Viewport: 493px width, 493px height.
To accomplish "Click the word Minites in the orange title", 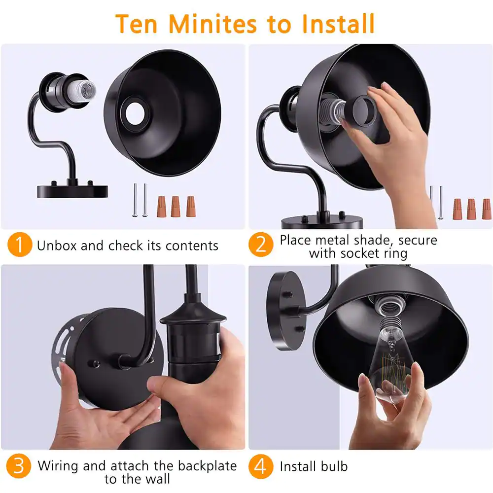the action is coord(213,24).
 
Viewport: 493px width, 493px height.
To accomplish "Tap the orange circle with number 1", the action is coord(20,245).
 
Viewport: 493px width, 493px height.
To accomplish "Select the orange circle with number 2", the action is coord(261,245).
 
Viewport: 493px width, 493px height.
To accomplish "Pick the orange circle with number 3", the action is coord(19,466).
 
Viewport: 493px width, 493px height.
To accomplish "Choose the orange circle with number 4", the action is coord(261,466).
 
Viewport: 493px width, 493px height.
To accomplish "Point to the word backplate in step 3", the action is coord(207,466).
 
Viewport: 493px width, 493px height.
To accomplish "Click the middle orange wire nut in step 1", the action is coord(176,207).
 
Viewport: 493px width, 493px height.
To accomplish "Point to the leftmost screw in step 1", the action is coord(135,200).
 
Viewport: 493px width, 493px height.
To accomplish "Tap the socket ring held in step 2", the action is coord(364,111).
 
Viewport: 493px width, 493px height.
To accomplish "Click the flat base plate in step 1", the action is coord(72,191).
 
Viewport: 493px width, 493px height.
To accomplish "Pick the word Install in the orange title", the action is coord(338,24).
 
